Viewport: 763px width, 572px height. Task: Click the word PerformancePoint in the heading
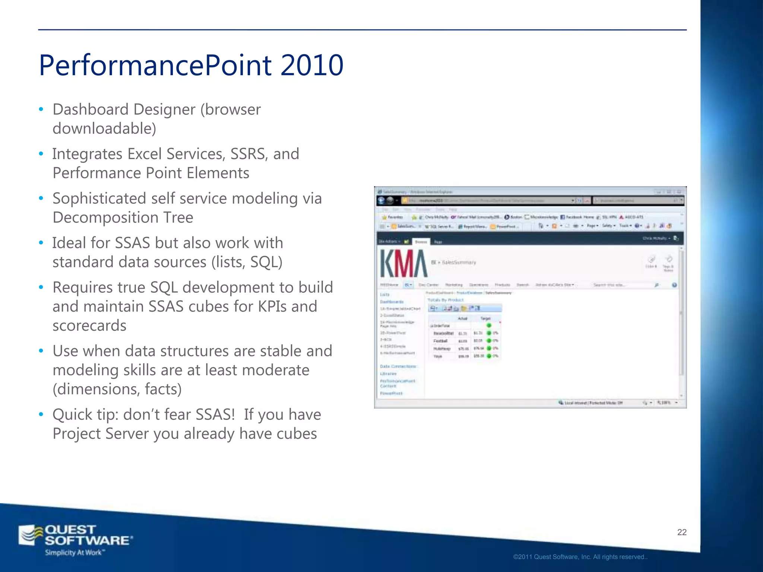[155, 65]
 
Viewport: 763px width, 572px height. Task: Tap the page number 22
[681, 532]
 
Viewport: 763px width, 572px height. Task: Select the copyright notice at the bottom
[580, 557]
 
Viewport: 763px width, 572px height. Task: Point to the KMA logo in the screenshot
[403, 263]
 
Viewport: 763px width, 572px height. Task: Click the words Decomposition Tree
[123, 217]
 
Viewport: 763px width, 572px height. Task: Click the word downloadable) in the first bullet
[104, 128]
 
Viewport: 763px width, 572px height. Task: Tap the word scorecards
[89, 325]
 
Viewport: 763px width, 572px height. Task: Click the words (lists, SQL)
[247, 262]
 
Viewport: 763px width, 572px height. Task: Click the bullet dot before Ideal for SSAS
[41, 243]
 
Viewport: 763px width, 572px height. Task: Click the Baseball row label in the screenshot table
[443, 333]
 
